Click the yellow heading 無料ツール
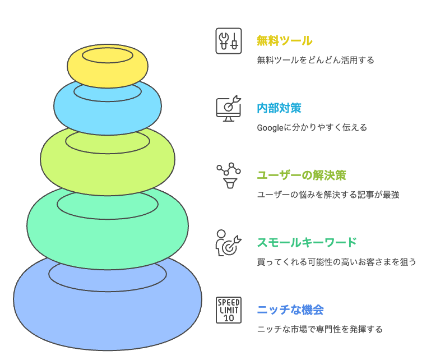point(284,41)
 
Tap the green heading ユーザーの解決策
point(301,175)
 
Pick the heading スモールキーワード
point(307,242)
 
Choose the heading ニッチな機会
point(290,310)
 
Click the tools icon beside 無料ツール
point(229,41)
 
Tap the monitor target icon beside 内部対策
point(229,108)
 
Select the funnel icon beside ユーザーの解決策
point(229,176)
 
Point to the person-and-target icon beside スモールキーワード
point(229,242)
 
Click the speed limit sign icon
point(229,310)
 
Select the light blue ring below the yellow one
point(108,112)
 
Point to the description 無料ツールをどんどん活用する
point(315,60)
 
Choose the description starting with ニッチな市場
point(319,329)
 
